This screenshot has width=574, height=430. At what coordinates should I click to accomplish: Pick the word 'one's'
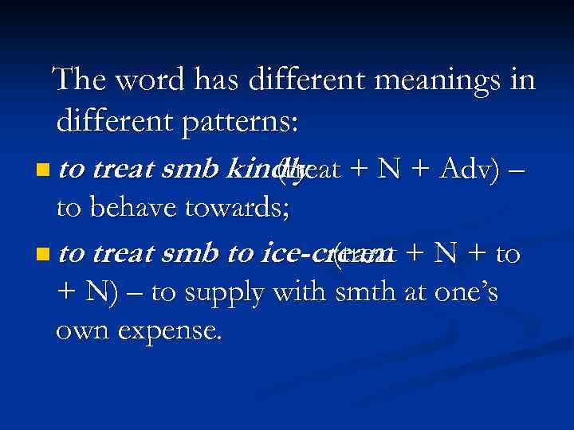(x=467, y=292)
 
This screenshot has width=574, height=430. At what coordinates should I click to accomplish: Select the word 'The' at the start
(x=81, y=80)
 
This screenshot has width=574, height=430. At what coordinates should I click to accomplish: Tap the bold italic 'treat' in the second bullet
(x=127, y=254)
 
